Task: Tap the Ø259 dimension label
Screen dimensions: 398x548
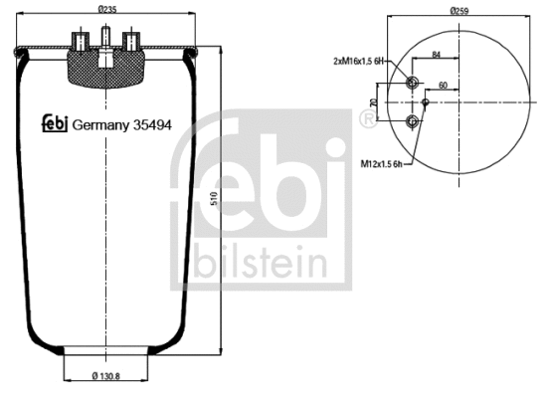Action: (458, 11)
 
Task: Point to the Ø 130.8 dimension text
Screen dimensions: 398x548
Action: (106, 377)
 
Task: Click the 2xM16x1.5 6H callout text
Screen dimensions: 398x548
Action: (364, 61)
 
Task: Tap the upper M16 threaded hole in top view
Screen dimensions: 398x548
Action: (413, 83)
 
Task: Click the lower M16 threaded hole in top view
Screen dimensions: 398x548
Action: (413, 121)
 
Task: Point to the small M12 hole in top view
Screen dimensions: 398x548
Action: (426, 101)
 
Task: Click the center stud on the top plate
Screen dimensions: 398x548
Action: (104, 41)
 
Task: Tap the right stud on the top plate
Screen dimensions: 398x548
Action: (128, 41)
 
